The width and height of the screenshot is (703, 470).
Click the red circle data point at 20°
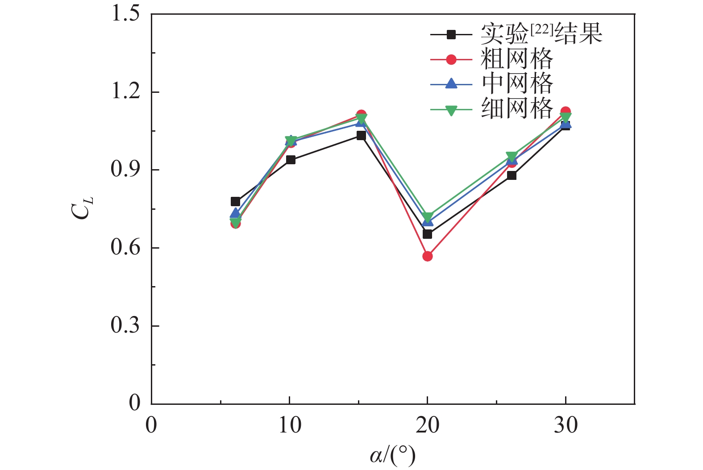[x=427, y=256]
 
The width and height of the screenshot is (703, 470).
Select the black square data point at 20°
[x=427, y=234]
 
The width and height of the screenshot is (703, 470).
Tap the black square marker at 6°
[x=235, y=202]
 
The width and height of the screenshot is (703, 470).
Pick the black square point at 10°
[x=291, y=160]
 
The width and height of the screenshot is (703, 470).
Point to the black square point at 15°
[x=361, y=135]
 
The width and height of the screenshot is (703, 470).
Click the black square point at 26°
[x=512, y=175]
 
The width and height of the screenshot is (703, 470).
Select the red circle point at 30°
[x=566, y=112]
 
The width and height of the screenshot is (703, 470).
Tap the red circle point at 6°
[x=235, y=223]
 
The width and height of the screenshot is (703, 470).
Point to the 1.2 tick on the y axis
[x=125, y=92]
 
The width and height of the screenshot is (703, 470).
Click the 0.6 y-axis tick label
[x=125, y=247]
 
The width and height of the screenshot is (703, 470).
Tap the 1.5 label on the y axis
[x=125, y=14]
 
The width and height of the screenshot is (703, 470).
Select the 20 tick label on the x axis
[x=427, y=425]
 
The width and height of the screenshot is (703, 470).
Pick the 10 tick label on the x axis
[x=290, y=425]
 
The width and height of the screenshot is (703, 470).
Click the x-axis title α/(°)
[x=392, y=456]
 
